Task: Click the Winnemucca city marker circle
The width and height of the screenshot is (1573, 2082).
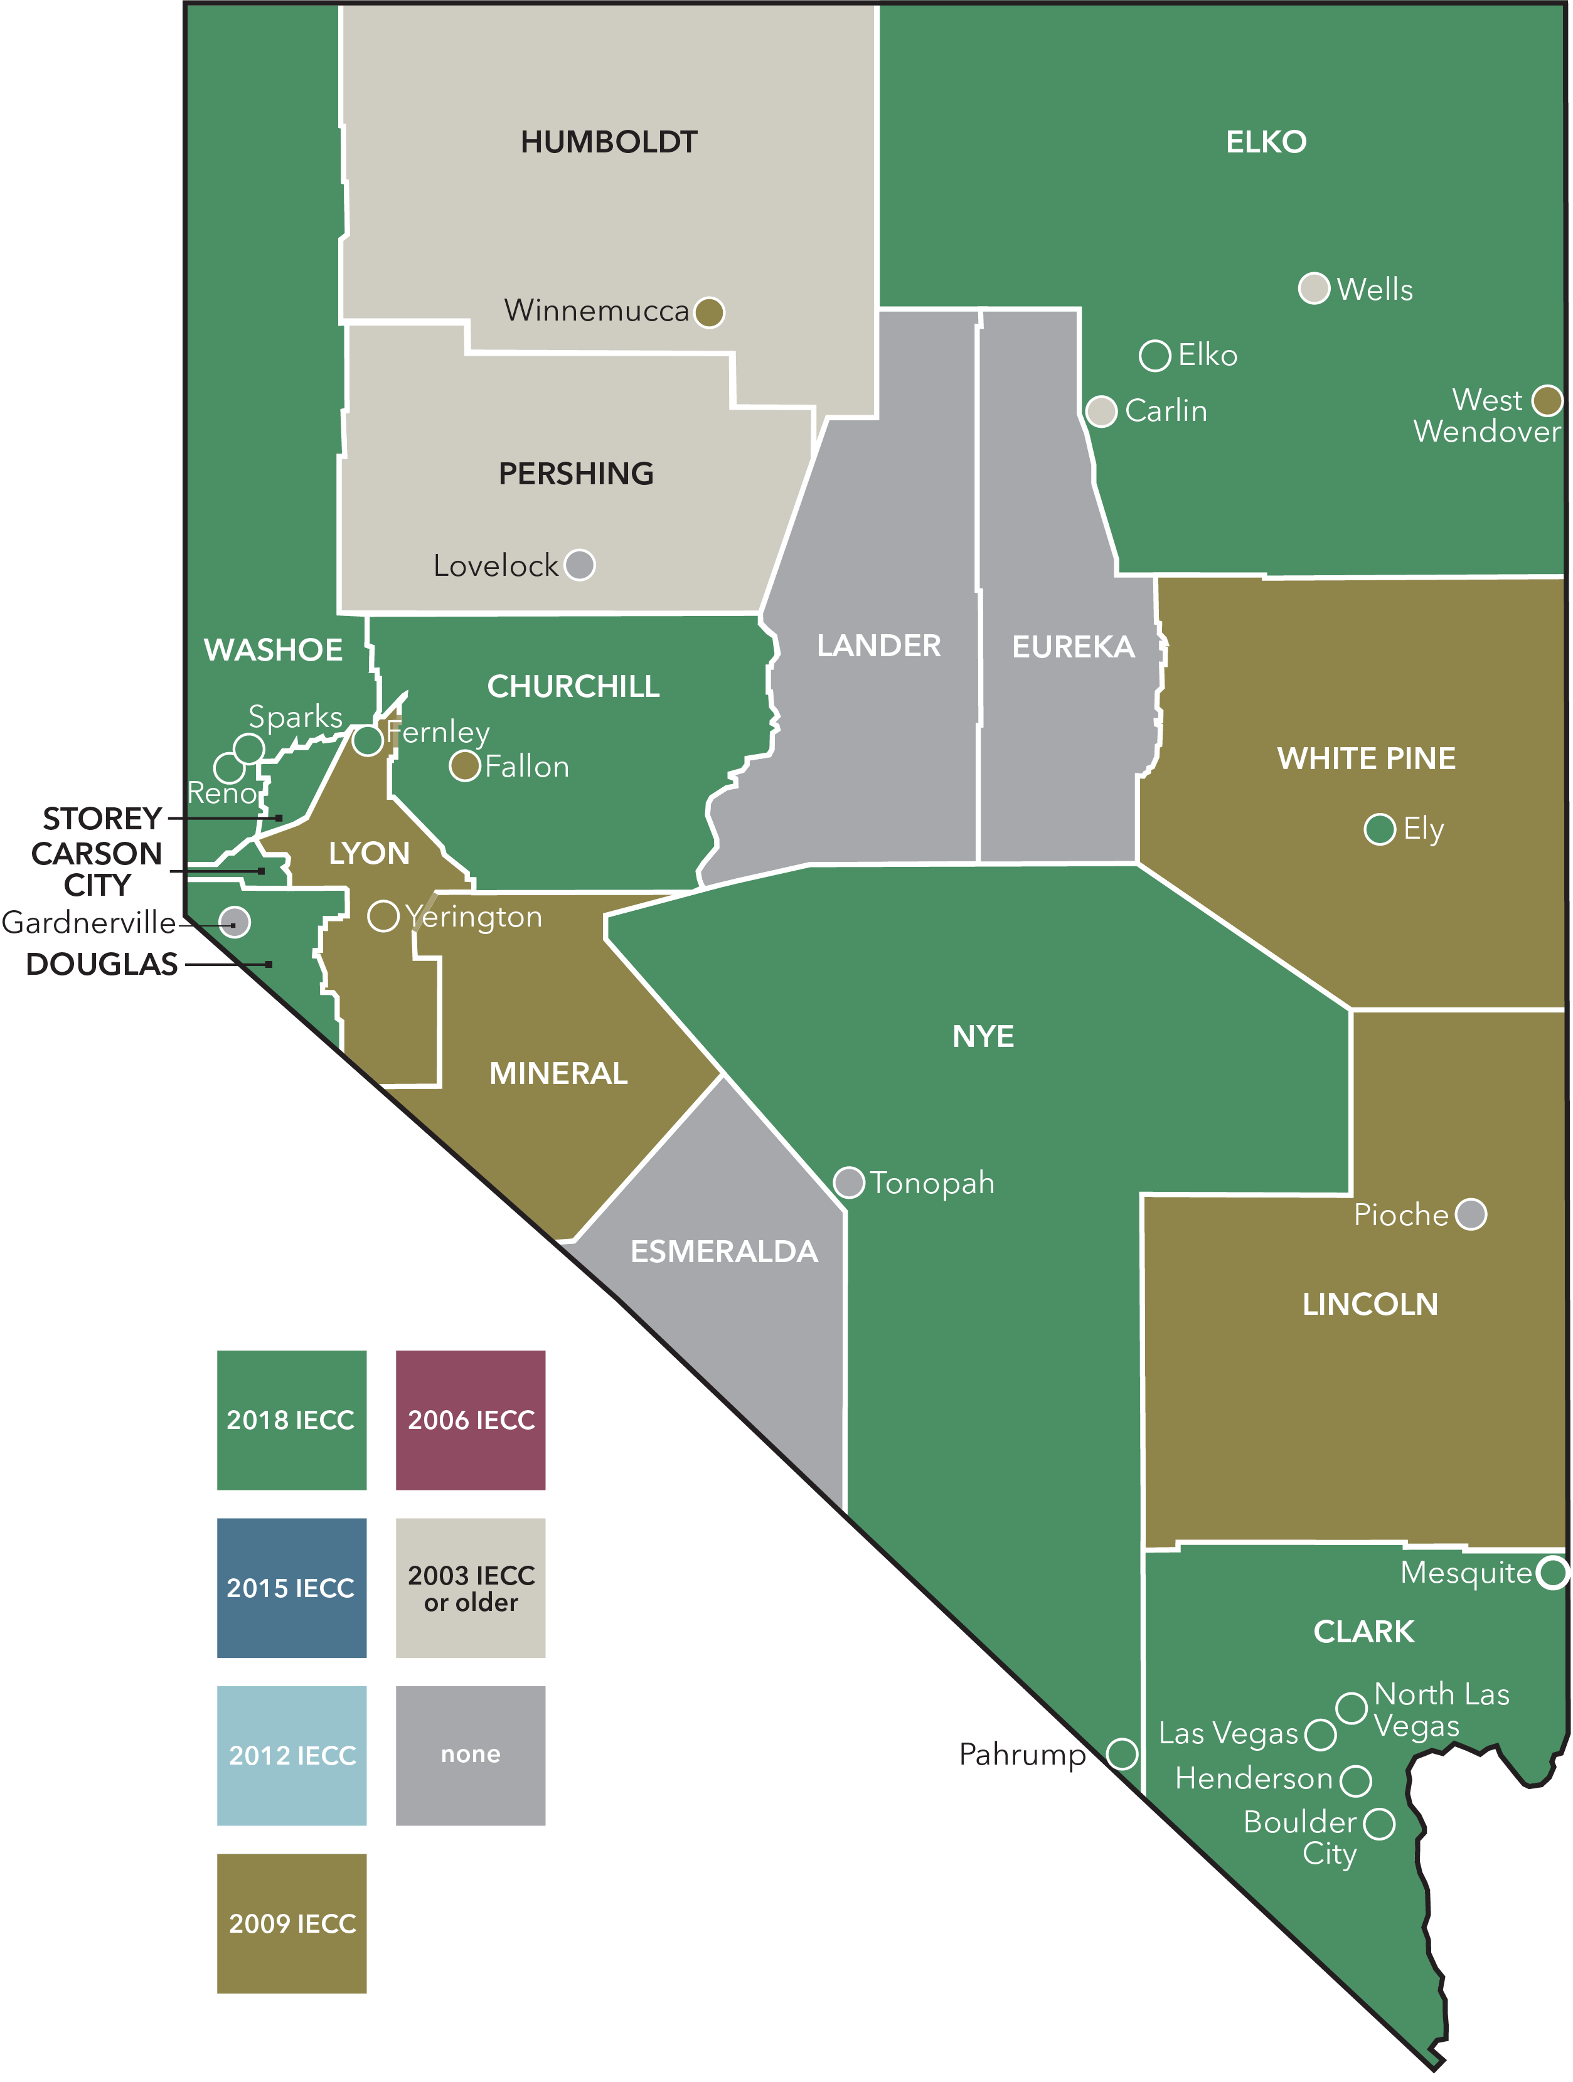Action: coord(709,312)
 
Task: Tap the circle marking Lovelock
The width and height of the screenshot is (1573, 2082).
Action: coord(580,565)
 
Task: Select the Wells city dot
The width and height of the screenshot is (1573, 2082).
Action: coord(1314,288)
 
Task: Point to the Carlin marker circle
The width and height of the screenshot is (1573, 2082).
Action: coord(1101,412)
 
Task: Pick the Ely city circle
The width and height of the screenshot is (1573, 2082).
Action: coord(1380,829)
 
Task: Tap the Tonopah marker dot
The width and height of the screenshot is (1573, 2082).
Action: coord(849,1182)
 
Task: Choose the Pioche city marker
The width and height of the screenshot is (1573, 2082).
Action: coord(1470,1214)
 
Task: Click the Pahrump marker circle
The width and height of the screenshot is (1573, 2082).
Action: coord(1121,1753)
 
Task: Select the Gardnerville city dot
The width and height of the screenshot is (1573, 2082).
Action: coord(235,921)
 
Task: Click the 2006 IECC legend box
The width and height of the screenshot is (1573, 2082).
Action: coord(471,1420)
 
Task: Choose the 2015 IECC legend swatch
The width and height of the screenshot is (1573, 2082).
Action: coord(292,1588)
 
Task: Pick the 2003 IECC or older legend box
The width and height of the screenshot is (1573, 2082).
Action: coord(471,1588)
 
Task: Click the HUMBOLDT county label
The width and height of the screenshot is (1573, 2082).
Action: coord(609,142)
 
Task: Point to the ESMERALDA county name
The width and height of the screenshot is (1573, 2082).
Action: coord(724,1251)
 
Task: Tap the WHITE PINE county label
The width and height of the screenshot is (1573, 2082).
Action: coord(1366,758)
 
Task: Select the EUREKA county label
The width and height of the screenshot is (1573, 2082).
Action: coord(1073,647)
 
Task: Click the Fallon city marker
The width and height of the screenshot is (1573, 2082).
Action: coord(465,766)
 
